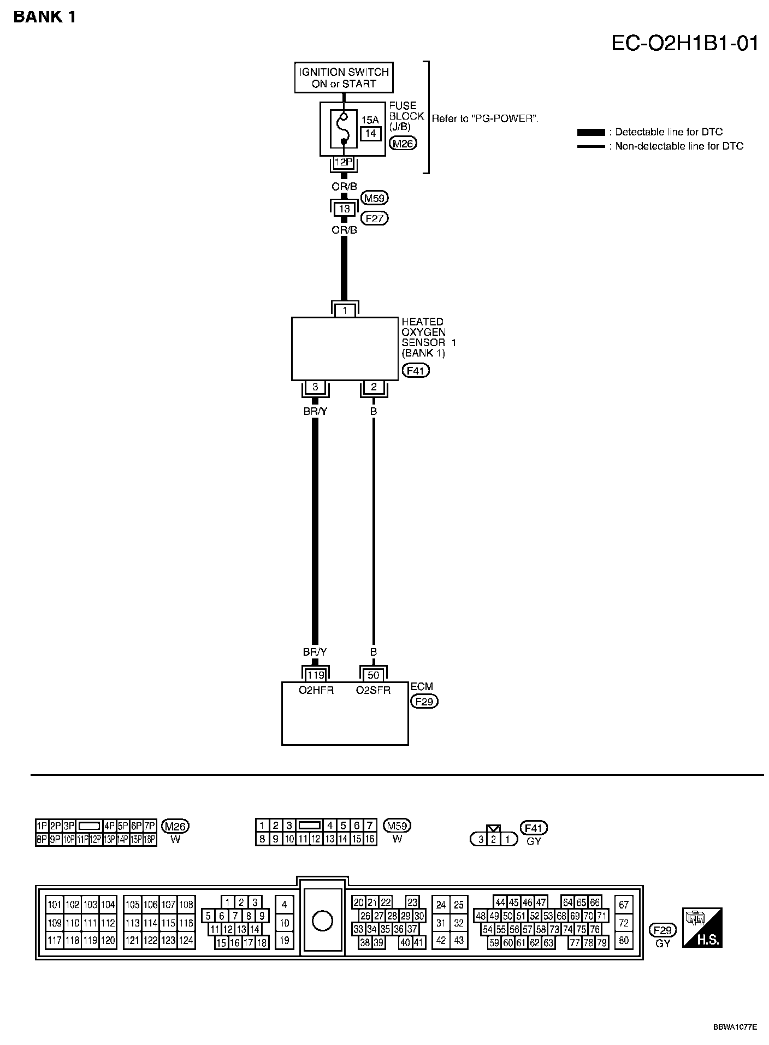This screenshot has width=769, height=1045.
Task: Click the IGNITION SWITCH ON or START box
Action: pos(344,78)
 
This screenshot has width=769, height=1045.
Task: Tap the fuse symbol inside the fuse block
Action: pos(344,129)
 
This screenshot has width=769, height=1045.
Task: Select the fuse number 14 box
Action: pos(370,133)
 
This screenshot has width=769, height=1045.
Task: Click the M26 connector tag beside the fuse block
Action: pos(403,144)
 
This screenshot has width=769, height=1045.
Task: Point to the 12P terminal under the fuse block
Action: pos(344,162)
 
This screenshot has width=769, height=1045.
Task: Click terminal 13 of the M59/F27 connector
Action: pos(344,209)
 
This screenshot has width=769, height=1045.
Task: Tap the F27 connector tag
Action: pos(375,218)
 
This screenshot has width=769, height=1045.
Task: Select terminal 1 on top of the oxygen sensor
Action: pos(345,310)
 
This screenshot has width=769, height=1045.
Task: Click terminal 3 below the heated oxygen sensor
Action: pos(315,387)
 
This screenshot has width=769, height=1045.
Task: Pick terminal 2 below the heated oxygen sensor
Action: pos(374,387)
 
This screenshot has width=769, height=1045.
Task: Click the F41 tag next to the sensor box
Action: pos(416,371)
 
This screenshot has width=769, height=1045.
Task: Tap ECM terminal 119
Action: pos(316,675)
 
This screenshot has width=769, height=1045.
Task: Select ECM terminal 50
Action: pos(373,675)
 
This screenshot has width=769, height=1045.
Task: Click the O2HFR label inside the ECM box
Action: pos(316,690)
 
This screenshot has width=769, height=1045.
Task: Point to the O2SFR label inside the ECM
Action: pos(373,690)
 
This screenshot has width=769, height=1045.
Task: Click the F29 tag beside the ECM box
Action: pos(424,701)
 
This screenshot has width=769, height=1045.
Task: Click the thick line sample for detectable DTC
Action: pos(591,132)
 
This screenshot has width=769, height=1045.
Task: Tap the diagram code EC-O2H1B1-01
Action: pos(684,43)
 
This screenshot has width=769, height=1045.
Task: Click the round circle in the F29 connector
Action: pos(322,921)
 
